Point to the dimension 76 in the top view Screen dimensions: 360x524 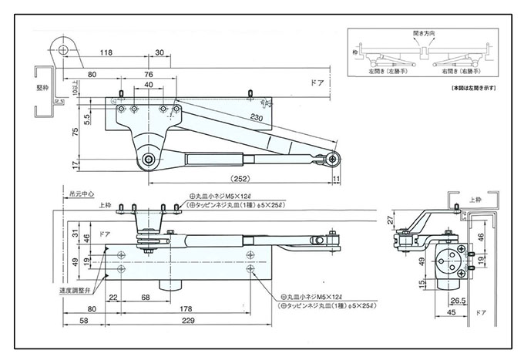(148, 74)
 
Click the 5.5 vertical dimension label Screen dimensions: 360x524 (88, 118)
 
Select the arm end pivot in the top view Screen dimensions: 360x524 (332, 159)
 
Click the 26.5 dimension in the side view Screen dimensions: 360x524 (457, 301)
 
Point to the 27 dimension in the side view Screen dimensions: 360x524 (391, 220)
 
